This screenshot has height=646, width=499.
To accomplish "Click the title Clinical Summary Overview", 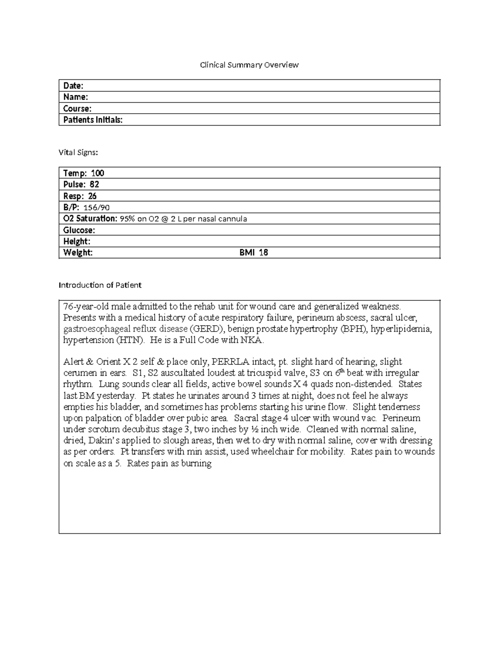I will coord(249,65).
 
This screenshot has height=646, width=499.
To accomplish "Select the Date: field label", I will coord(73,86).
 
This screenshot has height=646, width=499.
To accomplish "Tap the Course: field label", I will coord(77,109).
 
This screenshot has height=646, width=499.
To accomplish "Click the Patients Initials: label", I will coord(93,120).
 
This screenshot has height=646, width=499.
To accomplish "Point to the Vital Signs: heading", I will coord(79,152).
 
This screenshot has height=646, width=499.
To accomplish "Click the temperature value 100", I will coord(98,173).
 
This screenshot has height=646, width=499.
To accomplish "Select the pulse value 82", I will coord(94,184).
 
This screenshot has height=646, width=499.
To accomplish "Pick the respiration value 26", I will coord(92,196).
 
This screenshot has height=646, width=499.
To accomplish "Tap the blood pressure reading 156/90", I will coord(96,208).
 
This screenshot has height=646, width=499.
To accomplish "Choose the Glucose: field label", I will coord(79,230).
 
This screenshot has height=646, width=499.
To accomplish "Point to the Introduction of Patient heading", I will coord(100,285).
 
